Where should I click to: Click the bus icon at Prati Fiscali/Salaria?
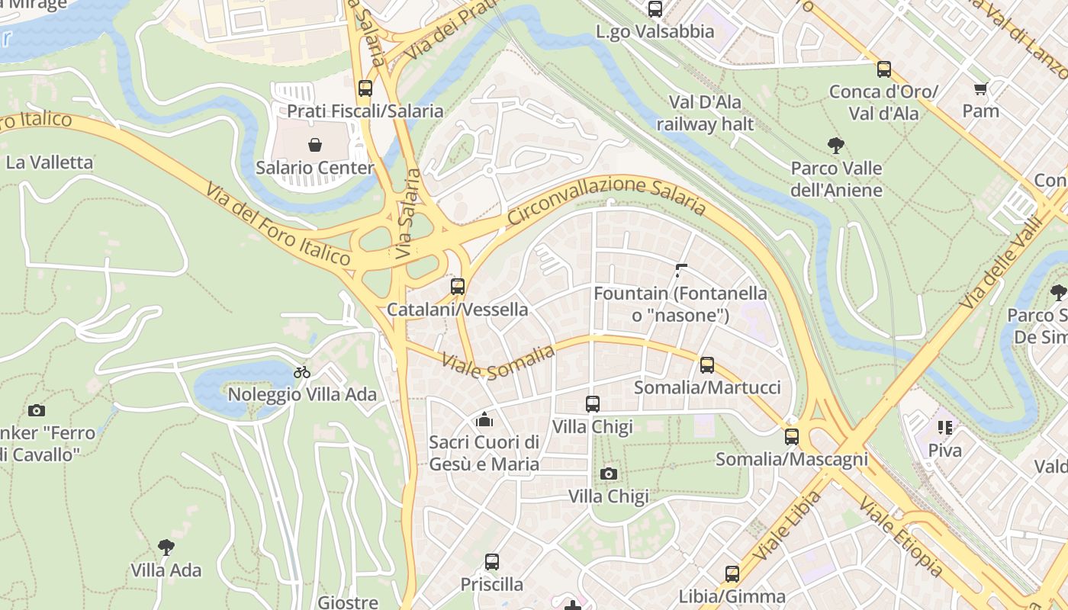coord(365,88)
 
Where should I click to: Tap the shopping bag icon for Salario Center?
coord(315,145)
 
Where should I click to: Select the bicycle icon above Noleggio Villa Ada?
coord(302,372)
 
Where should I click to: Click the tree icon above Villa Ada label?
coord(166,547)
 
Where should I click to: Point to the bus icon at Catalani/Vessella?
coord(458,287)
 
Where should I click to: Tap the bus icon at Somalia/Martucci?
coord(707,365)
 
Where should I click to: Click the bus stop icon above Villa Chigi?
coord(593,404)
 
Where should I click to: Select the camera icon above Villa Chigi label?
coord(608,474)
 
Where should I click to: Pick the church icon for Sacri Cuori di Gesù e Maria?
coord(484,419)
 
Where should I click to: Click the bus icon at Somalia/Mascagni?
coord(792,437)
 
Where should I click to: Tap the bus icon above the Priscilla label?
coord(492,562)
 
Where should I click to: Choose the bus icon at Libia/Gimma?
coord(732,574)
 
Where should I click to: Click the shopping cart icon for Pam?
coord(980,88)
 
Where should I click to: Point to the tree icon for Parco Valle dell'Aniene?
coord(836,146)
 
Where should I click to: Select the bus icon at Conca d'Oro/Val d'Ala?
coord(884,69)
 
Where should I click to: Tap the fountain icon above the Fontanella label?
coord(681,270)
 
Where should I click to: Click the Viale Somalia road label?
coord(497,358)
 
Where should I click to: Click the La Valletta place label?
coord(50,162)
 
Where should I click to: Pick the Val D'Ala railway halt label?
coord(705,113)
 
